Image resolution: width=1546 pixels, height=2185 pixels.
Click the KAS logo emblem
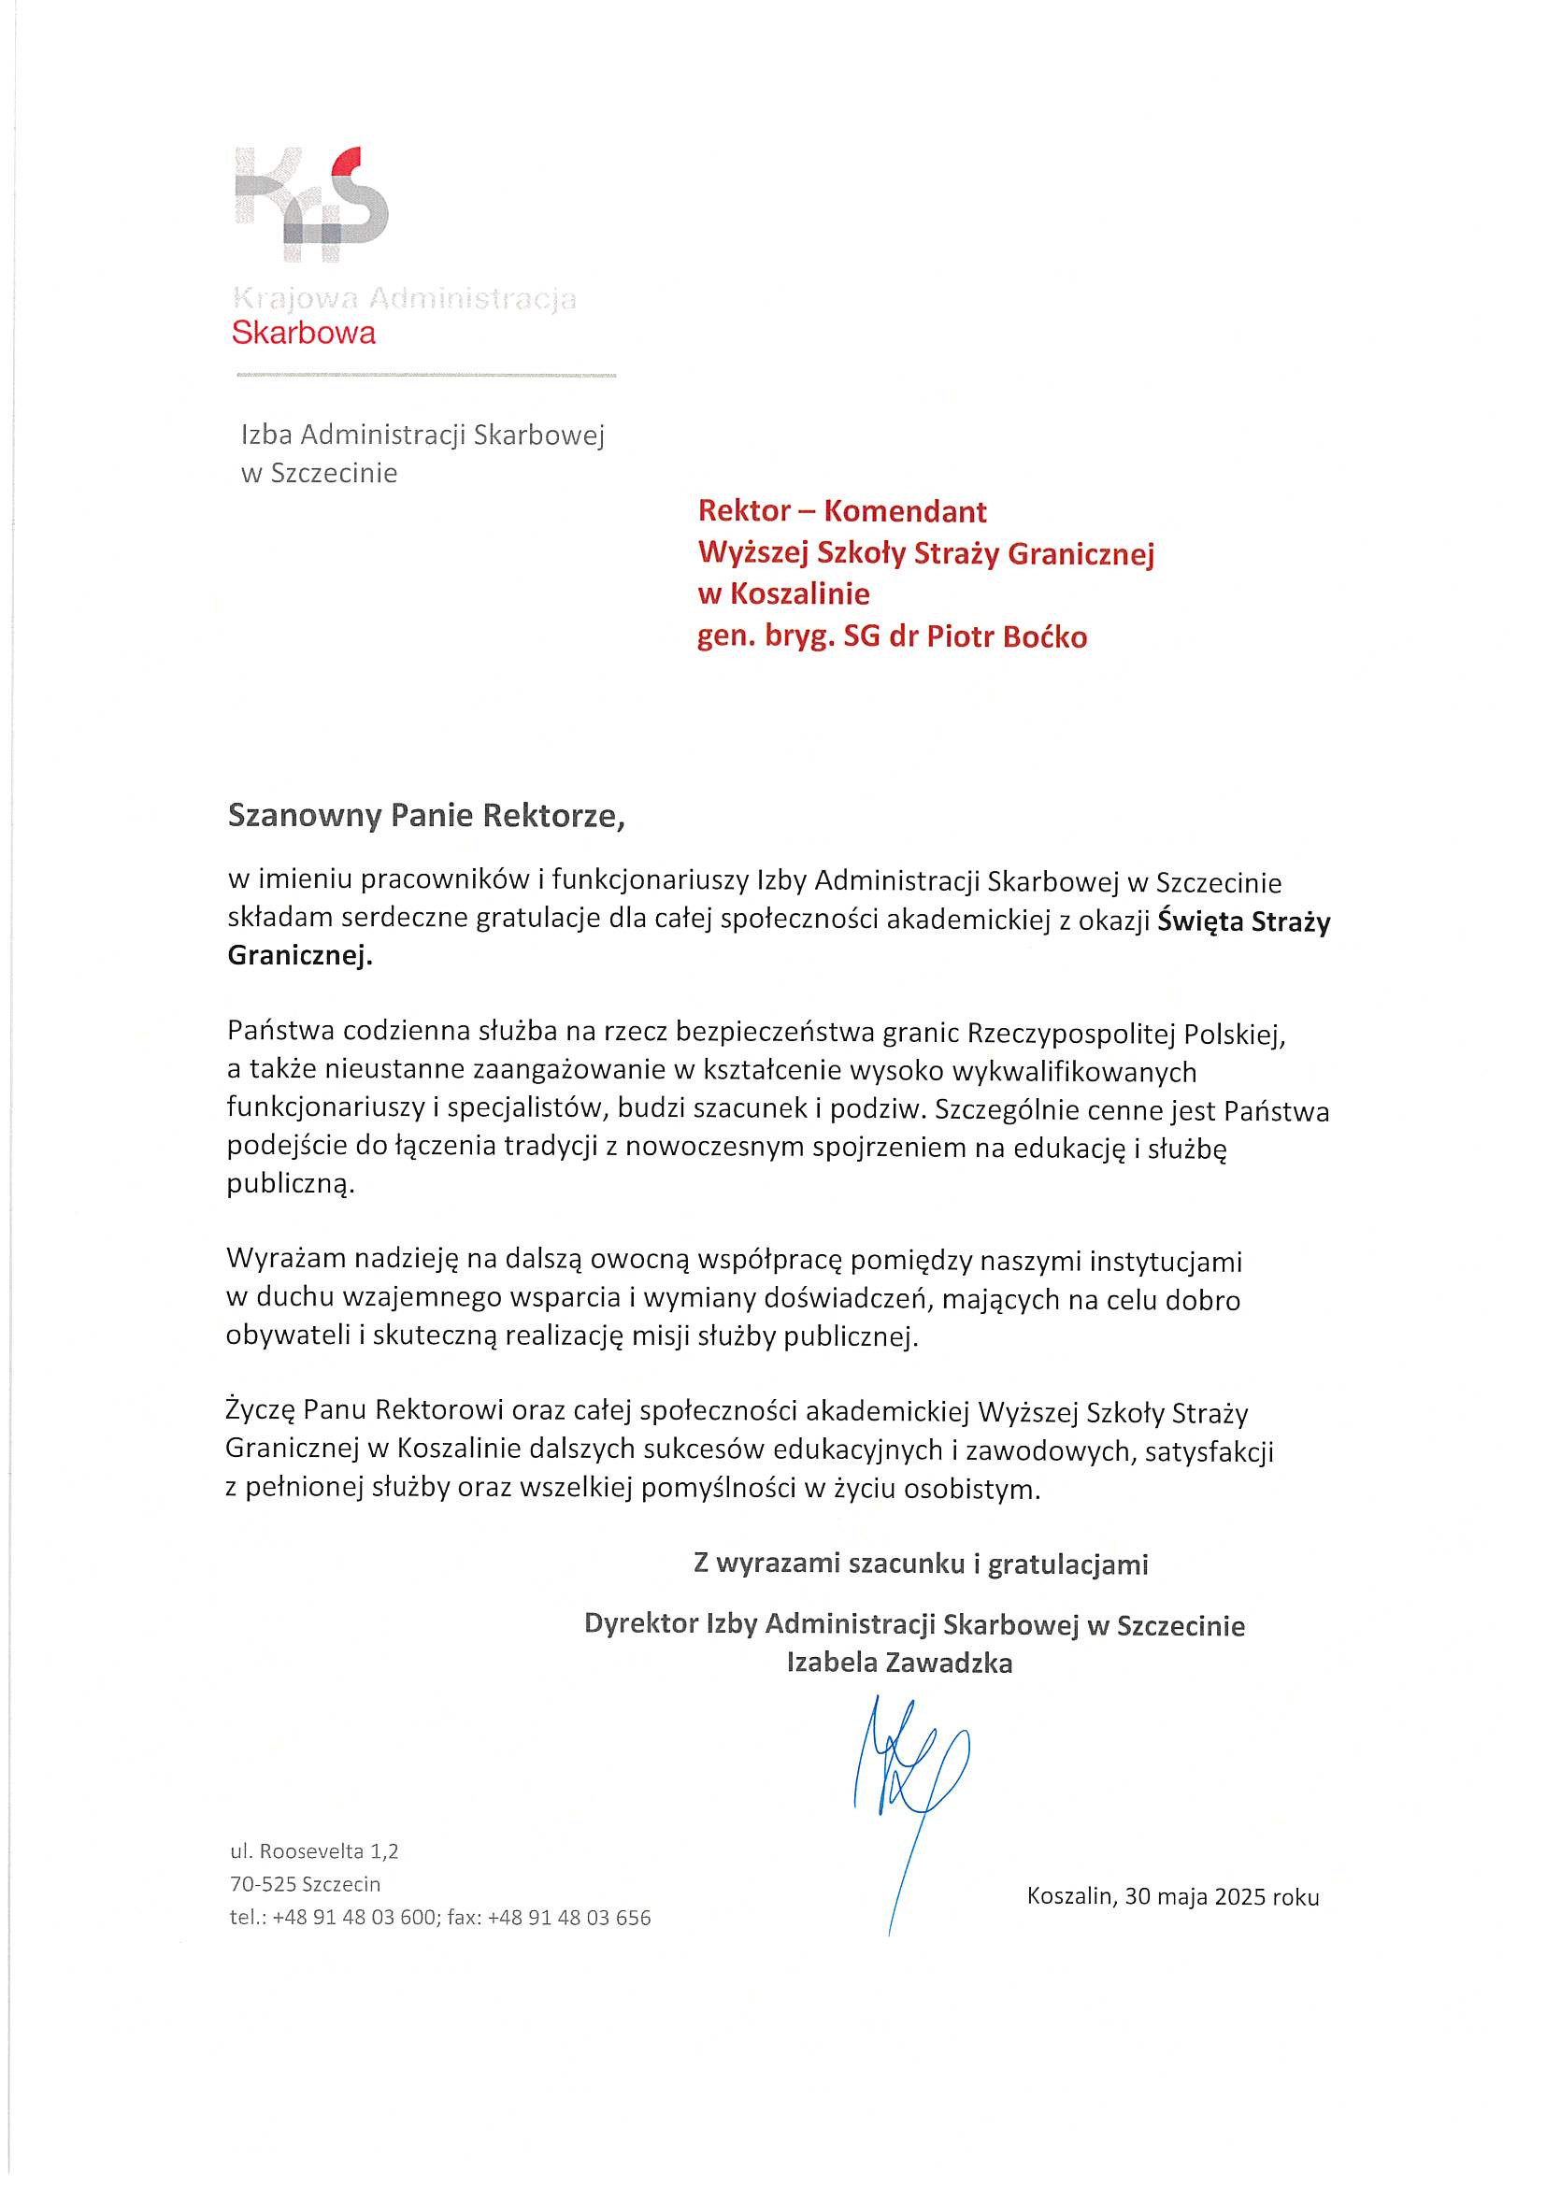(x=312, y=204)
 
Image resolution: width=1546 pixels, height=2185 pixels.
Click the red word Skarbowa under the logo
(x=304, y=333)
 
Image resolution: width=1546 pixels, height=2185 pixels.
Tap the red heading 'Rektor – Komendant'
(x=841, y=511)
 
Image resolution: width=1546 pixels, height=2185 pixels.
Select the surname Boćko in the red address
(x=1045, y=636)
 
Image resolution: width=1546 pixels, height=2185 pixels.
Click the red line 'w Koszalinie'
(x=783, y=593)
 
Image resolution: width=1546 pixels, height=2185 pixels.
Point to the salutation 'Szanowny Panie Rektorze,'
(x=425, y=816)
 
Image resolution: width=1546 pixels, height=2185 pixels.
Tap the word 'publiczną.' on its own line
(x=290, y=1184)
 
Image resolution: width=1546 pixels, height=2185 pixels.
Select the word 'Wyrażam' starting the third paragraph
(x=286, y=1260)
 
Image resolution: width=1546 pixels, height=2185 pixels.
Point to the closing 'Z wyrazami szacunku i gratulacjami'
(x=921, y=1564)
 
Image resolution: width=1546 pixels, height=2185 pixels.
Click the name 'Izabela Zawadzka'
(x=899, y=1663)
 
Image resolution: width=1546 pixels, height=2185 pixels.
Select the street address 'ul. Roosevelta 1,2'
(x=314, y=1851)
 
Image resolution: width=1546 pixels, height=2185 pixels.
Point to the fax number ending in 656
(x=568, y=1918)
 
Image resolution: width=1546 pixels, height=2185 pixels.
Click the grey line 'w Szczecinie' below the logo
(x=319, y=473)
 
